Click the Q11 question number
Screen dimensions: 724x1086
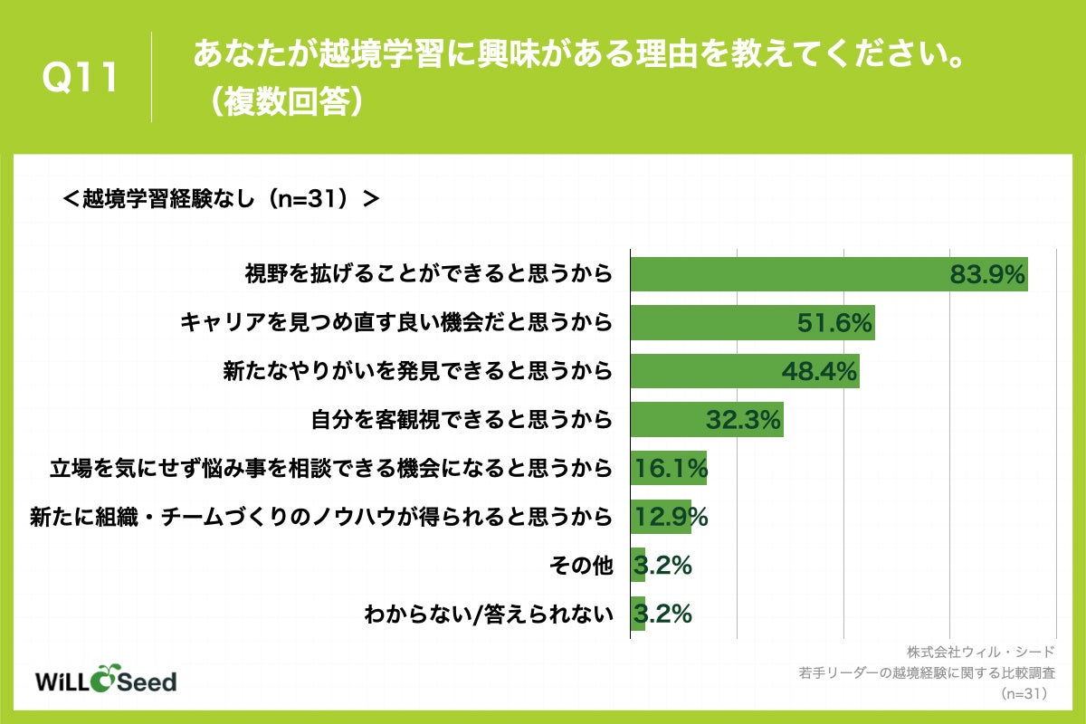click(81, 78)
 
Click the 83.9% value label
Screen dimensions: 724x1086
click(986, 274)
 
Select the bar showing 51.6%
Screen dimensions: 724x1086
click(751, 322)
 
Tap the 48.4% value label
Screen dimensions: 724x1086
click(819, 371)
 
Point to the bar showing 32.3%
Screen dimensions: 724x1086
click(706, 420)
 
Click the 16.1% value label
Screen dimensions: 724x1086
click(671, 469)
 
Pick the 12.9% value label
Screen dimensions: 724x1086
click(671, 517)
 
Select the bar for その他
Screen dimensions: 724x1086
click(637, 566)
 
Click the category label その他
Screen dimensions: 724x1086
click(581, 566)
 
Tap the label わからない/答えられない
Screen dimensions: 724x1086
click(489, 614)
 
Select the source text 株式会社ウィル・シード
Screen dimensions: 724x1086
click(981, 652)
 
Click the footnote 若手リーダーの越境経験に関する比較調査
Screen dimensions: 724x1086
click(927, 673)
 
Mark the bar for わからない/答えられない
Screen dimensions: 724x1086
click(637, 614)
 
